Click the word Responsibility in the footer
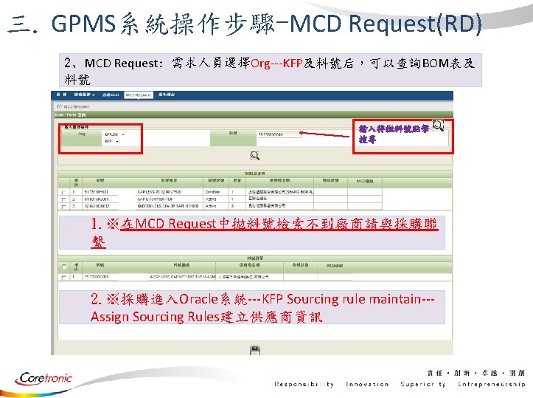304,384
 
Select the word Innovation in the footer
366,384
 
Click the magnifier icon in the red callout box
437,127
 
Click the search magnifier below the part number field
255,156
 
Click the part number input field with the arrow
279,134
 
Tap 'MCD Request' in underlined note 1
174,223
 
